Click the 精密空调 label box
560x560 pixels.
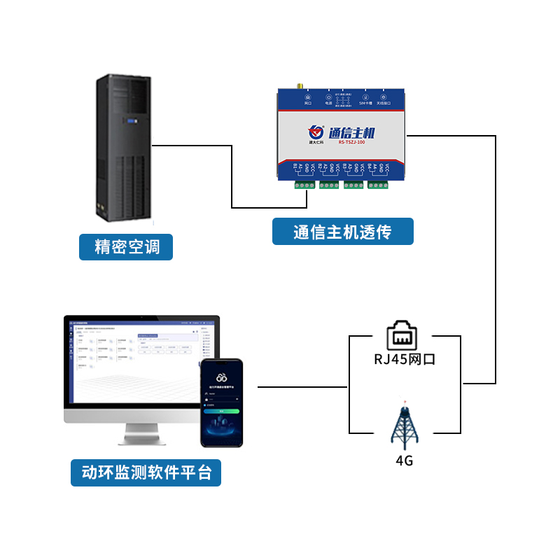click(126, 247)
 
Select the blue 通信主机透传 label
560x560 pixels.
click(342, 232)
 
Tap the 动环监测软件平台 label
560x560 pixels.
click(146, 472)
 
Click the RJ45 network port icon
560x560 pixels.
click(405, 334)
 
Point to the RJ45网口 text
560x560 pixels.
click(405, 360)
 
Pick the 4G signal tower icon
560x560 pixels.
click(405, 425)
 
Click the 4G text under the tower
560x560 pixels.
click(405, 461)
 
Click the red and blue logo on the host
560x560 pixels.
click(316, 131)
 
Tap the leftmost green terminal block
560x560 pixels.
click(304, 185)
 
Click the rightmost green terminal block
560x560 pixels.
click(379, 185)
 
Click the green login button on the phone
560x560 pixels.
click(221, 411)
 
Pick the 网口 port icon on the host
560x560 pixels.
click(308, 98)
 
